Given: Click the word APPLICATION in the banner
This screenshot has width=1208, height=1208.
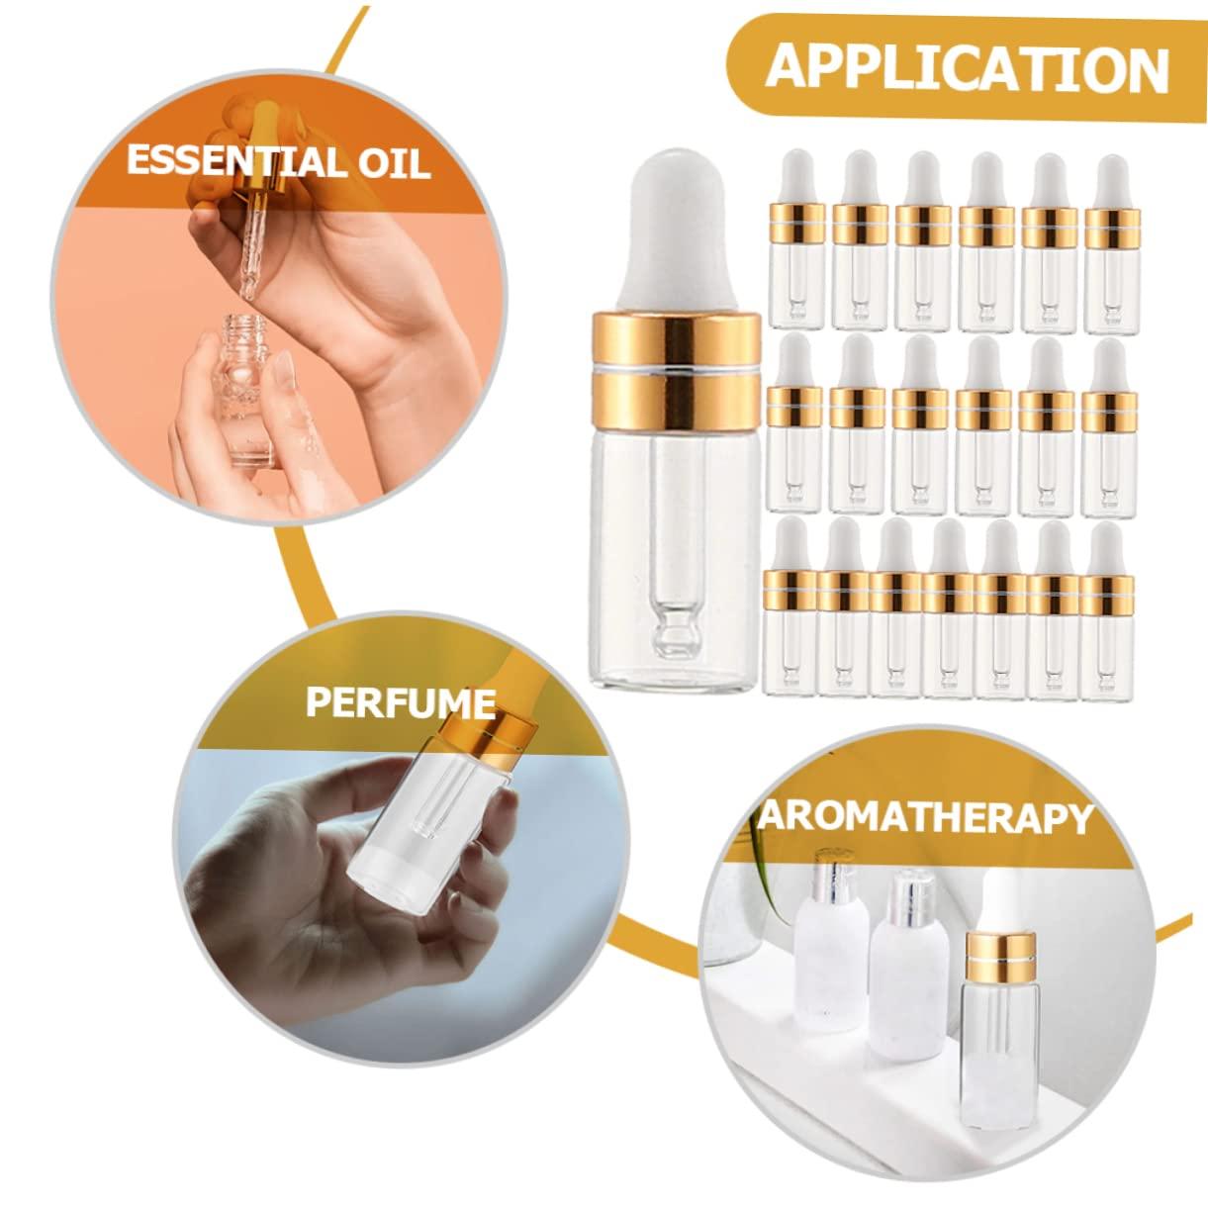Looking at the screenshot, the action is [x=967, y=67].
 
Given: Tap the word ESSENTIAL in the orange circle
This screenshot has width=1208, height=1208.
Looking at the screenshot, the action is [x=231, y=161].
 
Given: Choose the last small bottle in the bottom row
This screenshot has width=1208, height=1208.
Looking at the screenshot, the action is [x=1107, y=611].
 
